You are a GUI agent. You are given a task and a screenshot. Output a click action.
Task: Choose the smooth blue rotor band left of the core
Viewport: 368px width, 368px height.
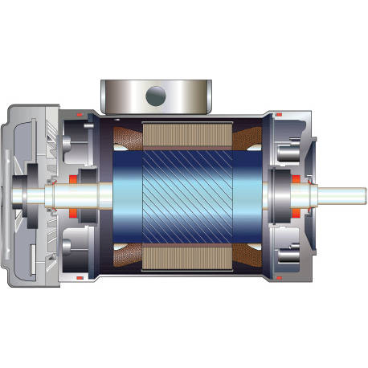(x=129, y=196)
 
